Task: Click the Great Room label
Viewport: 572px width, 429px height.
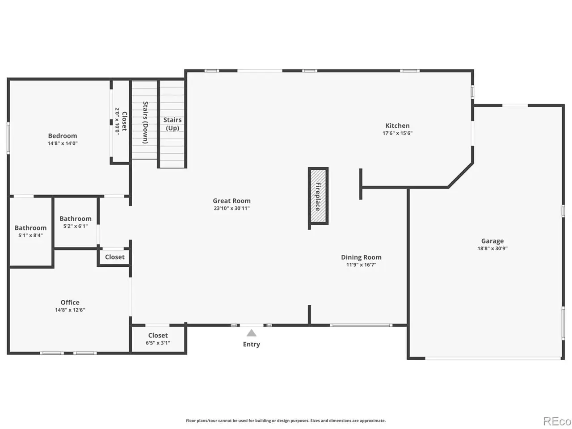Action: coord(231,201)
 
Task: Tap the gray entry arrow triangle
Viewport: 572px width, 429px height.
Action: coord(251,333)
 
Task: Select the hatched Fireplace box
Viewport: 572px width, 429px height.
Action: coord(318,196)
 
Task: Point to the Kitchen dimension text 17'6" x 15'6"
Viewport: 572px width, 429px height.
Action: coord(397,133)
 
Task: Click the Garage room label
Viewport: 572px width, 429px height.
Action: coord(492,241)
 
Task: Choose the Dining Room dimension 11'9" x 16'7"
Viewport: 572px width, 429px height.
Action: coord(361,265)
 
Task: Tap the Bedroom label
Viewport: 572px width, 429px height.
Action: coord(63,136)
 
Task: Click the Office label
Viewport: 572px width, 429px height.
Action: coord(70,302)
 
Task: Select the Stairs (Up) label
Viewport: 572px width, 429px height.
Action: coord(172,124)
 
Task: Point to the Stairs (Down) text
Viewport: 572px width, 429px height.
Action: coord(145,122)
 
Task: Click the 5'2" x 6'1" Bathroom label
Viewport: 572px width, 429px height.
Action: coord(76,219)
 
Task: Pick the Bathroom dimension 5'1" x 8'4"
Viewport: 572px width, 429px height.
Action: coord(30,235)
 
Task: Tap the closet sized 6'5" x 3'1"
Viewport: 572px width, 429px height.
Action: coord(158,339)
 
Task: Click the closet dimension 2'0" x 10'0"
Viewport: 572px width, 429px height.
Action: coord(117,121)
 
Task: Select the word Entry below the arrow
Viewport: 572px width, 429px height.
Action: coord(251,344)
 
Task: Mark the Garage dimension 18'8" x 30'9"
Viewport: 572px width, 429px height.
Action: coord(492,248)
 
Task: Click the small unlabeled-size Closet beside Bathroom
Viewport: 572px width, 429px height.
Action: coord(115,257)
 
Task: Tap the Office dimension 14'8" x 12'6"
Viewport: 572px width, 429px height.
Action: coord(70,310)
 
